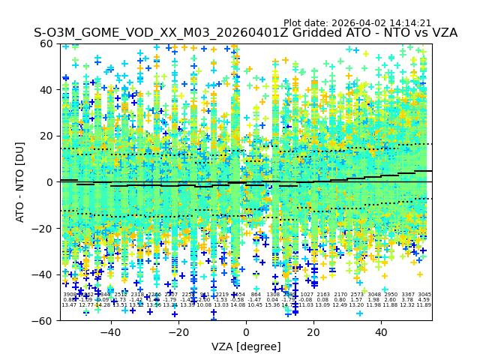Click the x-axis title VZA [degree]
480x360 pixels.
(246, 346)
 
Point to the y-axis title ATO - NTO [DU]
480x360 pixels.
(21, 182)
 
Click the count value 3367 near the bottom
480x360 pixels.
(408, 295)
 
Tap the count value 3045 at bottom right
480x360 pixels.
(424, 295)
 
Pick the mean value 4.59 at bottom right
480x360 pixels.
(424, 300)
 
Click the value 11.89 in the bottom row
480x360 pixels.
(424, 305)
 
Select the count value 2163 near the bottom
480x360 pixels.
(323, 295)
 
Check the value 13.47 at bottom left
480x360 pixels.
(69, 305)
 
